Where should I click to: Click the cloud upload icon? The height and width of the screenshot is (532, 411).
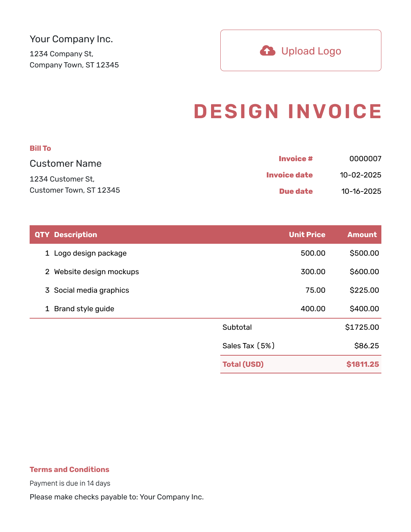click(267, 51)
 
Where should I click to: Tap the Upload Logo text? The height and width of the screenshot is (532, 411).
click(311, 51)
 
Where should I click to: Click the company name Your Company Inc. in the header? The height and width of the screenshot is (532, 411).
click(71, 39)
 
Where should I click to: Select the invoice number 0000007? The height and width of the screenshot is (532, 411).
click(365, 159)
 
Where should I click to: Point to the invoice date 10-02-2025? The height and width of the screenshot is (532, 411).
click(360, 175)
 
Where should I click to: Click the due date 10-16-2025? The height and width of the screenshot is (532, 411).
click(361, 192)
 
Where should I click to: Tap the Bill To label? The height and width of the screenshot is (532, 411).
click(40, 149)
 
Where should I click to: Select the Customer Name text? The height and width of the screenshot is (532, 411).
click(66, 164)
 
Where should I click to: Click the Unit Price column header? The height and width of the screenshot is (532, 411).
click(307, 235)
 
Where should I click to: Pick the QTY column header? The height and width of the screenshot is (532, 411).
click(42, 235)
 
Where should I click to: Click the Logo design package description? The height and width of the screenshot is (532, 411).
click(90, 253)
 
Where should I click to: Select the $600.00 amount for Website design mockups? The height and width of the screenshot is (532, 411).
click(364, 272)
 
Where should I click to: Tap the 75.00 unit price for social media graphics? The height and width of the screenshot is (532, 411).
click(315, 290)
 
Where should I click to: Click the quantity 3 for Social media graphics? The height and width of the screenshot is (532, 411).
click(47, 290)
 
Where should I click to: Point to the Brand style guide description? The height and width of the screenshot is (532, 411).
click(84, 309)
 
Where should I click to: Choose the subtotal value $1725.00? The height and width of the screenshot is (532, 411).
click(362, 327)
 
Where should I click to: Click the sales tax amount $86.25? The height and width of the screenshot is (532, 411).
click(366, 346)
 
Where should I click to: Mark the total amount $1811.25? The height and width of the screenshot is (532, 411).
click(362, 365)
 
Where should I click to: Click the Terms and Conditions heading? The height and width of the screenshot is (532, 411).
click(69, 470)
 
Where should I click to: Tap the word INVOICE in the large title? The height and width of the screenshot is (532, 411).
click(335, 112)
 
